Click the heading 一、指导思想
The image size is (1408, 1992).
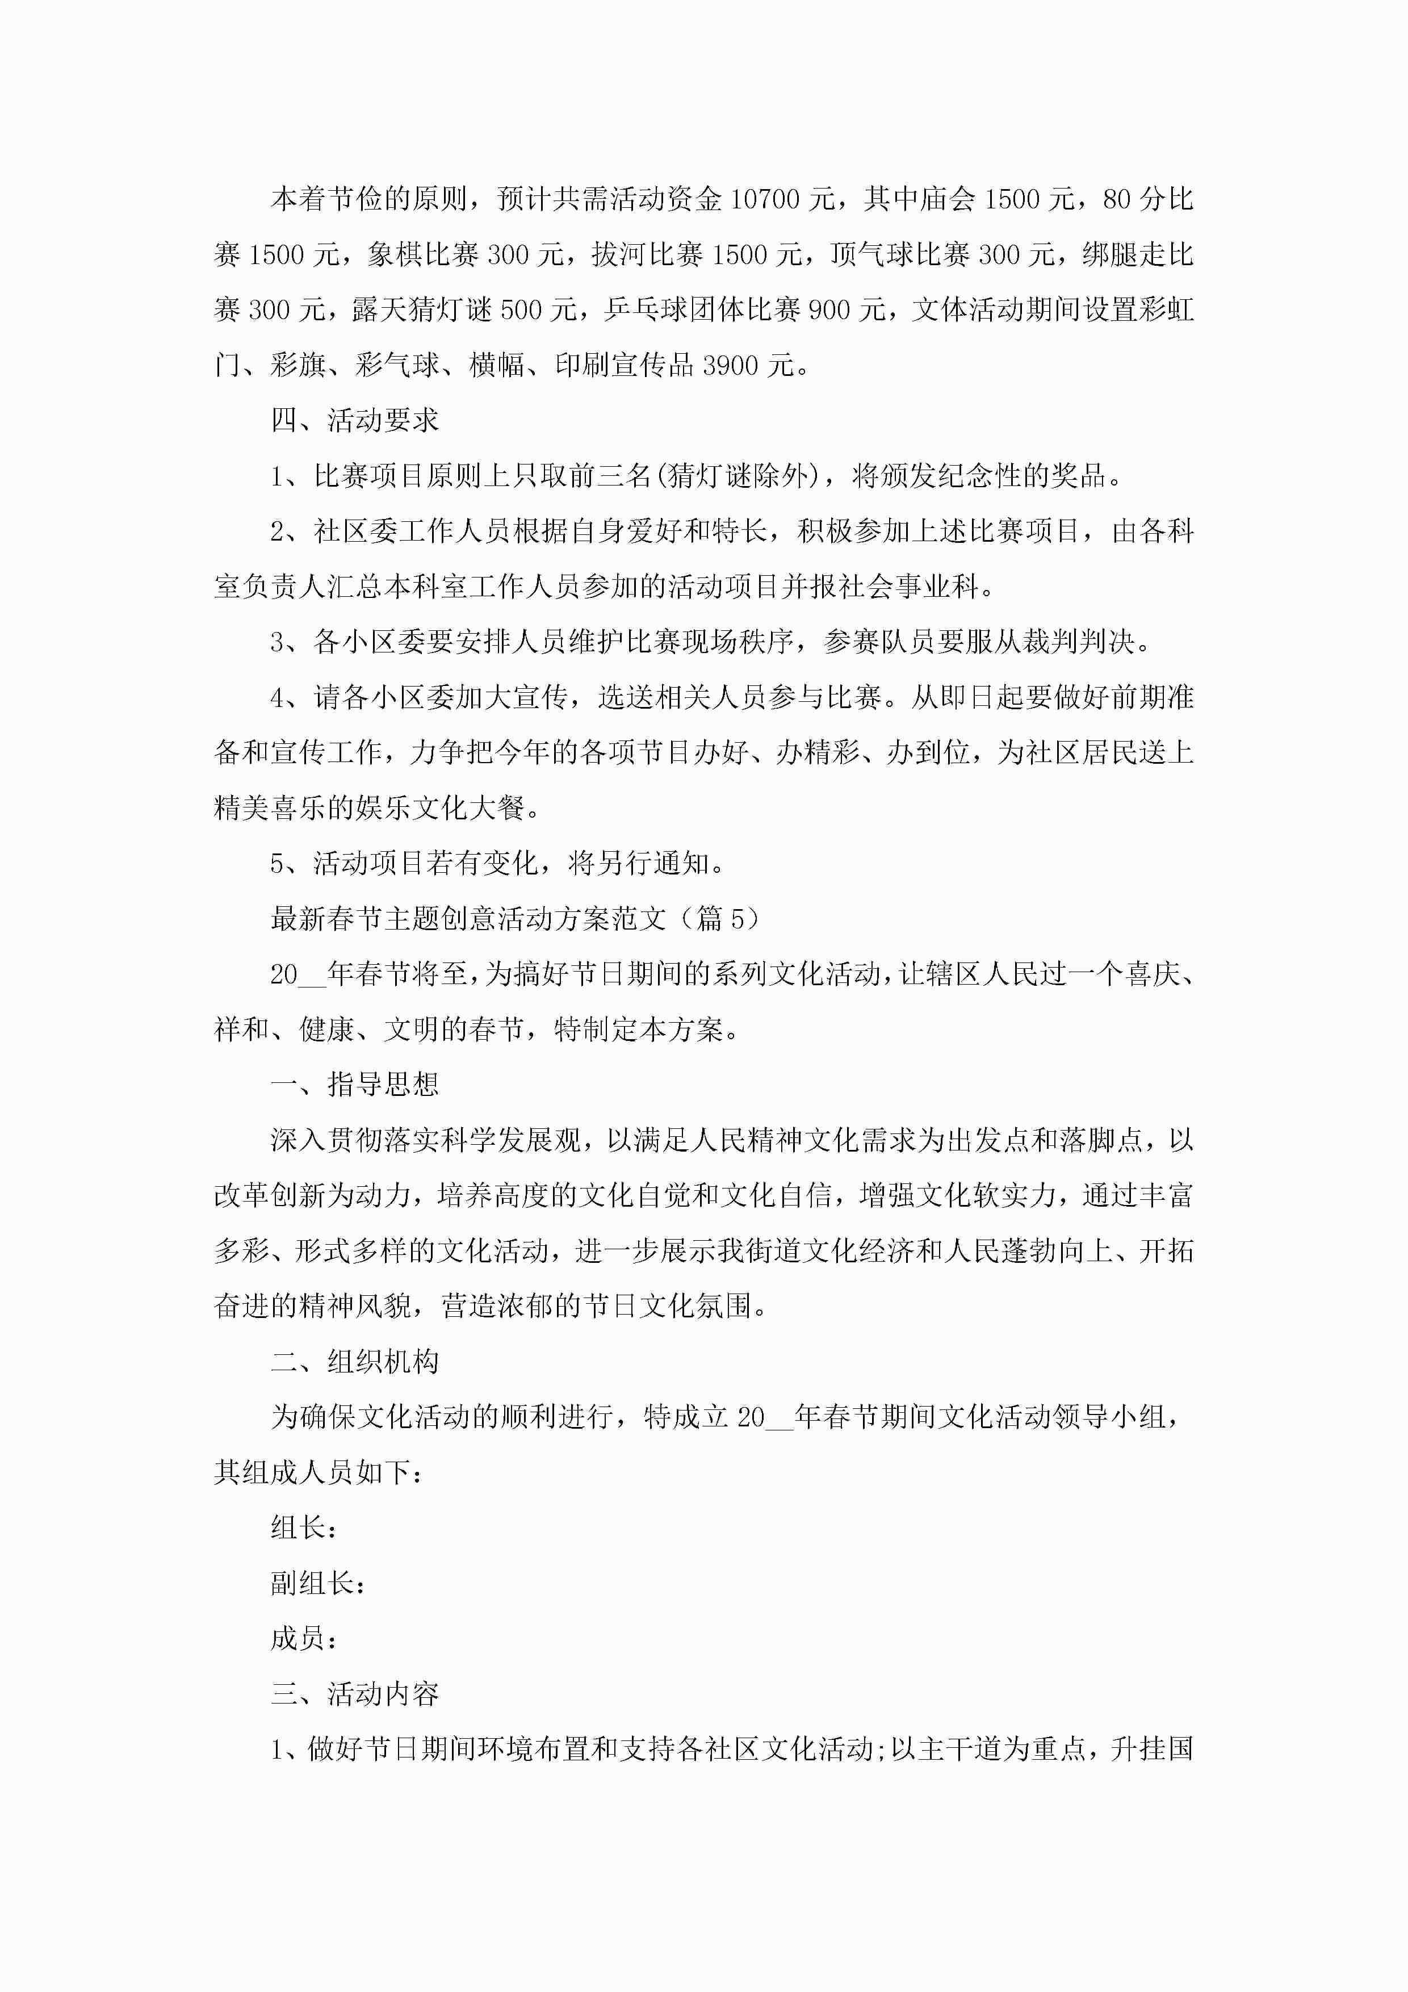[x=355, y=1085]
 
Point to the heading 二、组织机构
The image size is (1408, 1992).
[x=355, y=1362]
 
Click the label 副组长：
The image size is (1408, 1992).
[x=317, y=1583]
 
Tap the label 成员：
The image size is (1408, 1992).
[x=304, y=1639]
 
